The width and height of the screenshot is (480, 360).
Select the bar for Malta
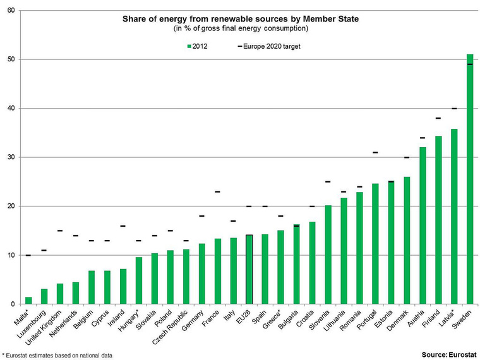click(x=28, y=301)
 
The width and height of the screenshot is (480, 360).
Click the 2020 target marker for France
click(x=218, y=191)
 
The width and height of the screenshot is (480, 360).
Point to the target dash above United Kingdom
click(x=60, y=231)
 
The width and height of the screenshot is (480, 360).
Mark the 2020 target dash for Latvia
click(x=454, y=109)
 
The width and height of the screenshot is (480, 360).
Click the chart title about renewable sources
click(x=240, y=20)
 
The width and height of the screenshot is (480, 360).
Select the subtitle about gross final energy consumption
click(x=240, y=29)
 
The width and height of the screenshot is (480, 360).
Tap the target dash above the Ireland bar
click(x=123, y=226)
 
